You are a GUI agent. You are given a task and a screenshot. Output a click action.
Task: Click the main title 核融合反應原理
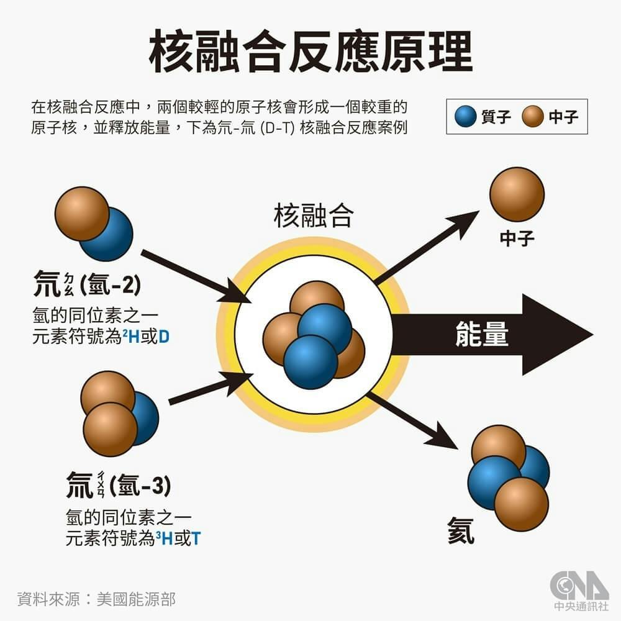tap(310, 52)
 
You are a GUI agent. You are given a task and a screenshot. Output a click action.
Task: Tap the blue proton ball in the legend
tap(465, 117)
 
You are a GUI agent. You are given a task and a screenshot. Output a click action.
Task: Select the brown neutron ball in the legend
tap(532, 117)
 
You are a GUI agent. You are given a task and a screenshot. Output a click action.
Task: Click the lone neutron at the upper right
tap(517, 194)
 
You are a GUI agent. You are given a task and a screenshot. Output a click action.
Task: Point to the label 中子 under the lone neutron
tap(517, 238)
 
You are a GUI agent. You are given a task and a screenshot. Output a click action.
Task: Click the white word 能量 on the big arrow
tap(482, 334)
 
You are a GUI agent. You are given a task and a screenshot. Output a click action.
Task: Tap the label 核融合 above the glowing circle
tap(313, 216)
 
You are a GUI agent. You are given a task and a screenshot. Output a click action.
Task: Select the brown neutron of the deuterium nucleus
tap(82, 214)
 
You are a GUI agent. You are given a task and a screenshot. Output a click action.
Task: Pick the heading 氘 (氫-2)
tap(87, 284)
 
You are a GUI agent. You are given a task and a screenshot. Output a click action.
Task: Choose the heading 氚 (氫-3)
tap(119, 484)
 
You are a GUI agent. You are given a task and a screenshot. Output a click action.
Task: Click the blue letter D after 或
tap(163, 337)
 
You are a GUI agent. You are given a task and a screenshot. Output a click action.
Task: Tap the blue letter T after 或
tap(196, 538)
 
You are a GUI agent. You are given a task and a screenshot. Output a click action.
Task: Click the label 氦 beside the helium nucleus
tap(461, 531)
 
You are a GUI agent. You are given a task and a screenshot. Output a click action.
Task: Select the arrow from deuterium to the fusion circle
tap(197, 276)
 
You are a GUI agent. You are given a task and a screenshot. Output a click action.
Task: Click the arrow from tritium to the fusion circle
tap(211, 388)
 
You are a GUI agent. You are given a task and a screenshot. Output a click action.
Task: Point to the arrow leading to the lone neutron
tap(427, 248)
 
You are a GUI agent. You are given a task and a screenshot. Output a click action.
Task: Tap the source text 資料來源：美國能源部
tap(96, 599)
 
